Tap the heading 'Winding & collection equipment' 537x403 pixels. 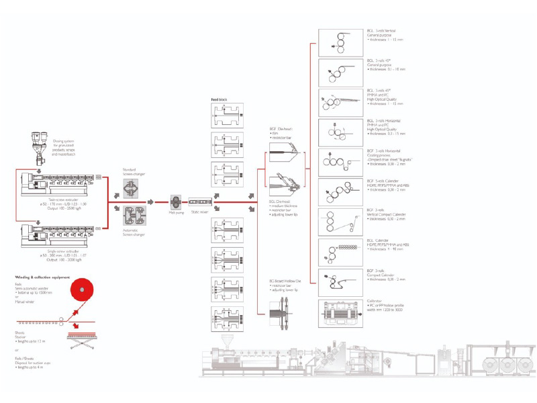click(43, 276)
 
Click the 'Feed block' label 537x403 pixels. click(219, 99)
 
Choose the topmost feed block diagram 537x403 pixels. click(228, 114)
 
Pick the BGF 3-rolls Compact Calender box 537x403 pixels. click(340, 282)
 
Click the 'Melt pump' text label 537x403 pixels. click(176, 212)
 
